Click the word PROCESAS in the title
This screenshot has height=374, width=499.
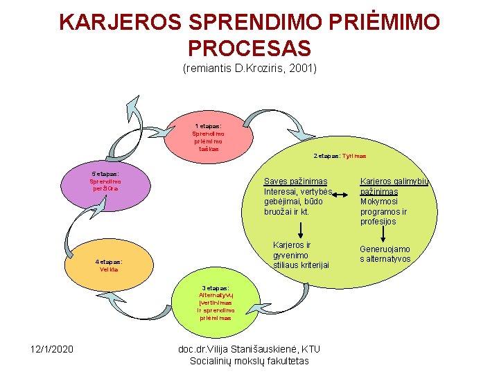pyautogui.click(x=249, y=48)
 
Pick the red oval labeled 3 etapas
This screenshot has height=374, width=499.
pyautogui.click(x=216, y=303)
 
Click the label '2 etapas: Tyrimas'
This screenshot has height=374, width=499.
pyautogui.click(x=340, y=156)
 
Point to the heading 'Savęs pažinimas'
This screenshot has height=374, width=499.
pyautogui.click(x=295, y=181)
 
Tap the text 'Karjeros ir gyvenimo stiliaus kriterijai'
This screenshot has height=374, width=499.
pyautogui.click(x=301, y=255)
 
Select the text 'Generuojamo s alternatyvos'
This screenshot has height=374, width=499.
pyautogui.click(x=384, y=254)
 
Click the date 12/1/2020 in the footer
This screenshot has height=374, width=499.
pyautogui.click(x=51, y=348)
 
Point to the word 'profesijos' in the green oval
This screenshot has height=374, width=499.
pyautogui.click(x=378, y=222)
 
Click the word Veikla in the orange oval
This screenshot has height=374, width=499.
pyautogui.click(x=109, y=269)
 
